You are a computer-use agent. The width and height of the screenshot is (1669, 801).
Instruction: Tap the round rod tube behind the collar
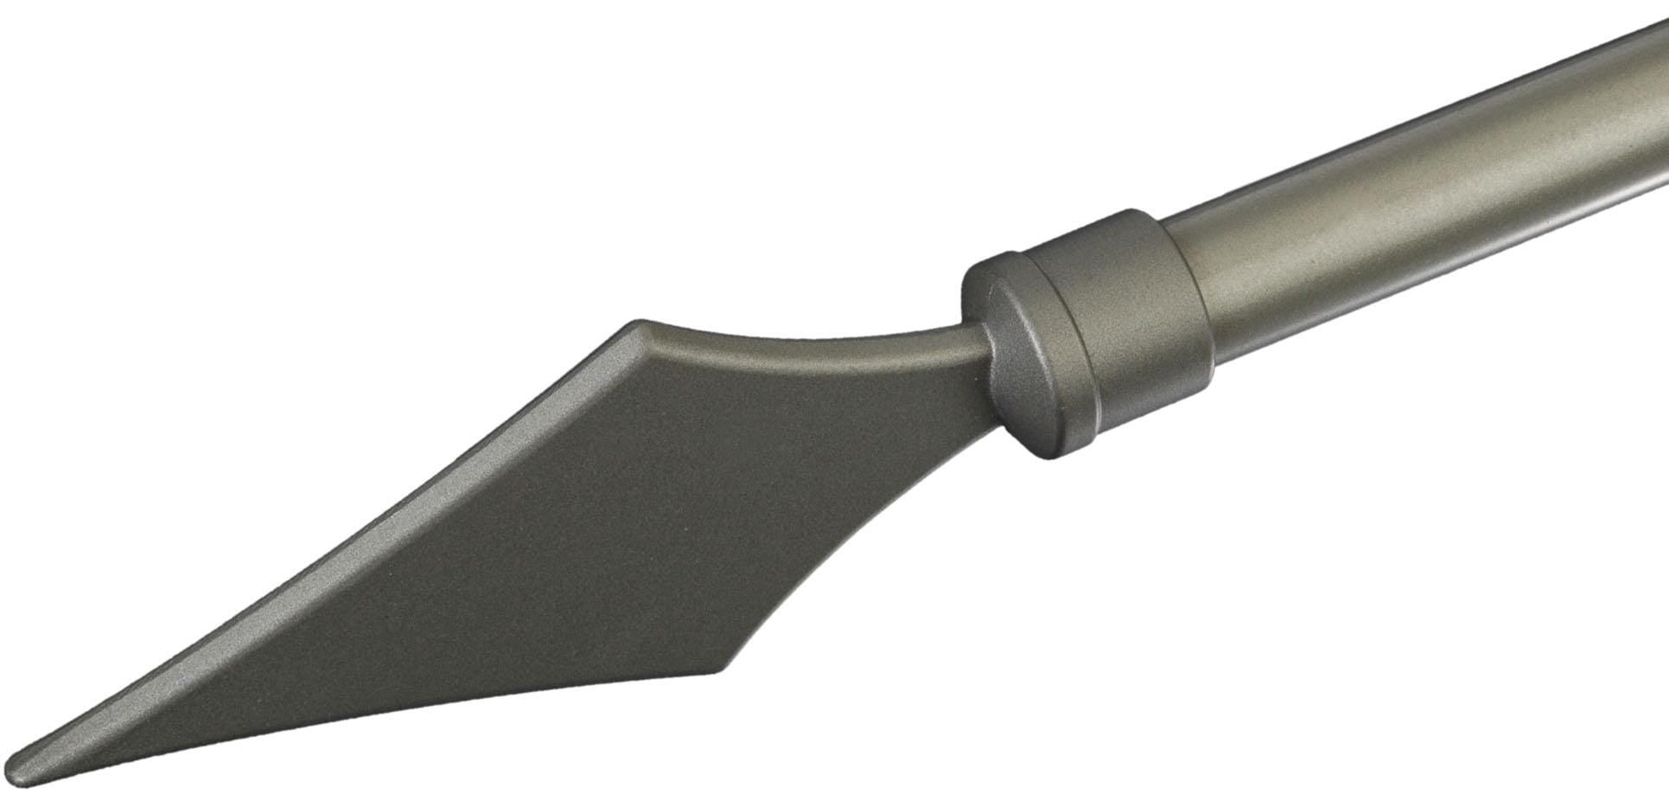pyautogui.click(x=1383, y=199)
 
